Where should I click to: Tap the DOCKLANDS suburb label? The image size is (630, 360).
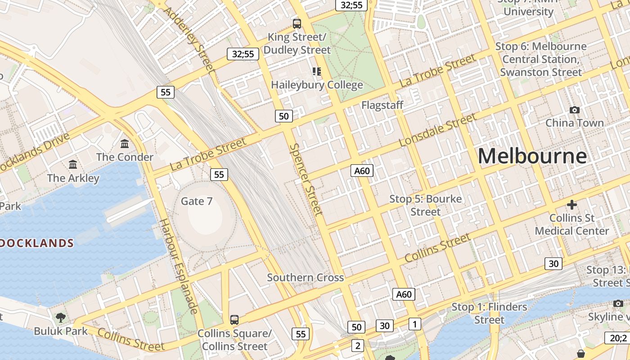[37, 243]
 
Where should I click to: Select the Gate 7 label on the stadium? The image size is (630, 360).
[197, 201]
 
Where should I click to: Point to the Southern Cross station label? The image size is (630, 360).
[306, 278]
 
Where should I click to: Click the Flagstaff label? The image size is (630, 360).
[382, 105]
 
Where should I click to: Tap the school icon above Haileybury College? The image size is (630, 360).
[317, 72]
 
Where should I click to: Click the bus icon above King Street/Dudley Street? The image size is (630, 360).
[297, 24]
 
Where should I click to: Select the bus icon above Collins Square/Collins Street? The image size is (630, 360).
[234, 320]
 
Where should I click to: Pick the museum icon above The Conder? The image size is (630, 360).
[125, 144]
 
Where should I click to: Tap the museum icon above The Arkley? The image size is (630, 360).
[73, 165]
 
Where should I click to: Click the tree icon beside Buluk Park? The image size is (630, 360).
[61, 318]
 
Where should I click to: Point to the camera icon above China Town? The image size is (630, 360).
[575, 110]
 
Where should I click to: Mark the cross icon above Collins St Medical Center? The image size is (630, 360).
[572, 205]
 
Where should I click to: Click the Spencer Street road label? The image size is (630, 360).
[306, 179]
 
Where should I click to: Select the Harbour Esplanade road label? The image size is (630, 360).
[179, 266]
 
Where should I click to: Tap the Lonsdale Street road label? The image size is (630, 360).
[437, 130]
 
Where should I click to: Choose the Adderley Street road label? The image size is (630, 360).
[189, 40]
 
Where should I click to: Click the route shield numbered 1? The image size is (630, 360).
[415, 324]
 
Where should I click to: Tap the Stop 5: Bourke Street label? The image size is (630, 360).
[425, 205]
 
